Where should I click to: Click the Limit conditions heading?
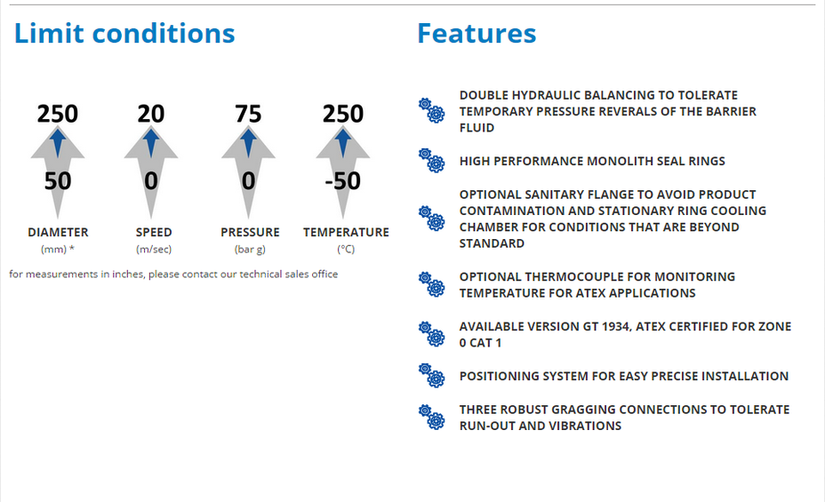124,34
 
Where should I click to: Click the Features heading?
477,34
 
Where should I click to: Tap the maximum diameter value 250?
58,114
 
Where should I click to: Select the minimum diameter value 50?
58,181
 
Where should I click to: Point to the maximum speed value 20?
151,114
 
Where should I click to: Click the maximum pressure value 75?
248,114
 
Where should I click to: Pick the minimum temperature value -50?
343,181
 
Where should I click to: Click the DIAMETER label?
58,232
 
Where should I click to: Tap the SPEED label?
154,232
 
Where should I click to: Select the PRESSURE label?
250,232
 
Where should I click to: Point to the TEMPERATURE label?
346,232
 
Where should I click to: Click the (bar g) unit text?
250,249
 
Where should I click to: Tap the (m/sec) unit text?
154,249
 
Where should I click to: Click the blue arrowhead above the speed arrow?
151,142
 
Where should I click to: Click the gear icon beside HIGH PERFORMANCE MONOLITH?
431,161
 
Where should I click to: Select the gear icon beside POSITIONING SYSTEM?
431,376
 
